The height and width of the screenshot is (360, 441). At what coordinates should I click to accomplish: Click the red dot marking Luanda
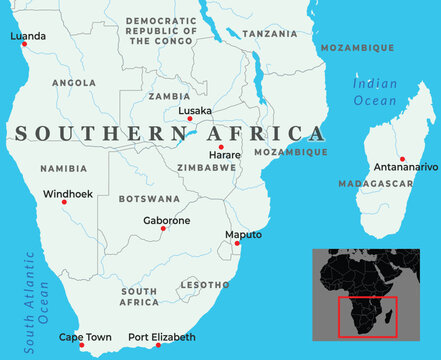tap(24, 44)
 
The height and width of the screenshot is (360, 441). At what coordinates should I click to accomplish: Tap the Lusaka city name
tap(194, 110)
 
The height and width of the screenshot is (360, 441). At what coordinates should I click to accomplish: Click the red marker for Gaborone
tap(163, 229)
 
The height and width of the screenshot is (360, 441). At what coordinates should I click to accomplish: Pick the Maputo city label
tap(244, 234)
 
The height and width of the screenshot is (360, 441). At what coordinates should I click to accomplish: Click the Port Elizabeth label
tap(162, 337)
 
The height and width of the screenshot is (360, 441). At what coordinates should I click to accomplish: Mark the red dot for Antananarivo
tap(401, 158)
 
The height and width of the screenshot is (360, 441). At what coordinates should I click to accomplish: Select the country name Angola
tap(73, 83)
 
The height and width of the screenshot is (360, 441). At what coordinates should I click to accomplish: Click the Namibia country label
tap(62, 170)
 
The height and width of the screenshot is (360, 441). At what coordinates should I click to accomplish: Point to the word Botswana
tap(148, 199)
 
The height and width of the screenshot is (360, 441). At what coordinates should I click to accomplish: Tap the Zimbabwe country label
tap(205, 168)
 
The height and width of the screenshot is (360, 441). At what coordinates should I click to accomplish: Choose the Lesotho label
tap(204, 285)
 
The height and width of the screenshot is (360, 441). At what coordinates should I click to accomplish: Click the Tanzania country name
tap(269, 33)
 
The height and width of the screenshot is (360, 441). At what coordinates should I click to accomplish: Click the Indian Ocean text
tap(374, 92)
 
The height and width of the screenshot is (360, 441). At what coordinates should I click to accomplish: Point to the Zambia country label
tap(168, 96)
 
